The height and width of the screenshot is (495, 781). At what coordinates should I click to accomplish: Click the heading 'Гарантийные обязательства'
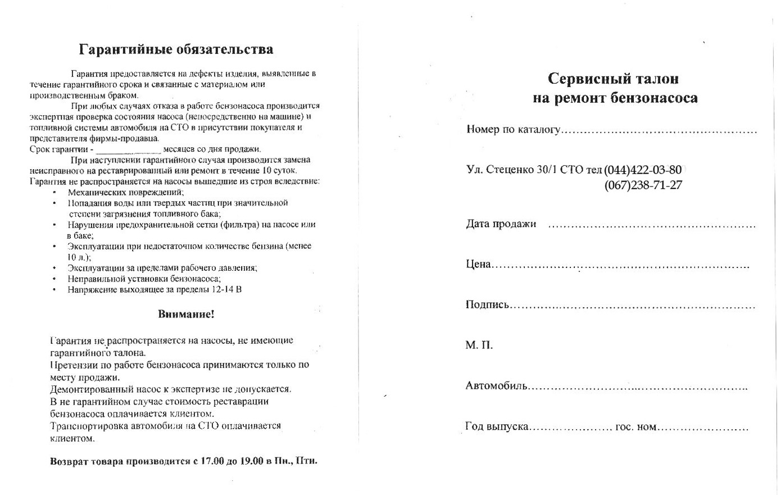176,49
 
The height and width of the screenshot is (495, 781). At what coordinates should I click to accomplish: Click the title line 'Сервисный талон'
613,78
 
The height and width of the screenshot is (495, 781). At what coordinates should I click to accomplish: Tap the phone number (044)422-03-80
643,170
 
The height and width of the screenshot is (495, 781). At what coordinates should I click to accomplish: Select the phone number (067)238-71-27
643,185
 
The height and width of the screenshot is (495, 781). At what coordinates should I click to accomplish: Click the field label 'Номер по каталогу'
513,130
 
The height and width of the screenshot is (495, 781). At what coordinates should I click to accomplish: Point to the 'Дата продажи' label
501,224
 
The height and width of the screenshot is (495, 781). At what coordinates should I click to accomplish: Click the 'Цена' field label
478,264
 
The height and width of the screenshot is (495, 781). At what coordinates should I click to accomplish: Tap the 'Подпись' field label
487,305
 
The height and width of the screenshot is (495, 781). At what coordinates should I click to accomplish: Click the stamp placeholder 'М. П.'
479,345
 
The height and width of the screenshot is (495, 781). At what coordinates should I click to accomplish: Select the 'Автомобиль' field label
496,385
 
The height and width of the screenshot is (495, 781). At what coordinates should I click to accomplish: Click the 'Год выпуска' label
497,426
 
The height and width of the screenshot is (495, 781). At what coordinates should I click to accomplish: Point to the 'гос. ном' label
635,427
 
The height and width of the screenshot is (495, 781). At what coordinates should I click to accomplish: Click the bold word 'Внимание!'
186,314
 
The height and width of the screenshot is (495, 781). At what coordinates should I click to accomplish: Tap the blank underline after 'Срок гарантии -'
129,150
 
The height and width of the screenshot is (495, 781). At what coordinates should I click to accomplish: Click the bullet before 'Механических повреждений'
54,192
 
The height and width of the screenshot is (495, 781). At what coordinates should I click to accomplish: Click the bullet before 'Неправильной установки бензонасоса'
54,279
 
